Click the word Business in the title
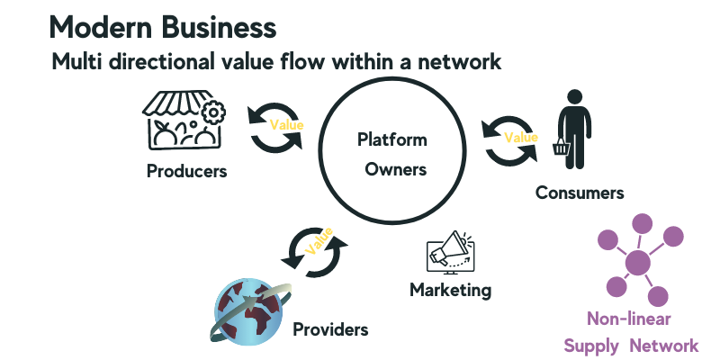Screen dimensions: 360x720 point(215,27)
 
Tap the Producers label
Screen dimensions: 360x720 point(187,171)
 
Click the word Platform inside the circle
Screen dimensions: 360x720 point(391,140)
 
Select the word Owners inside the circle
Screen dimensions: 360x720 point(393,168)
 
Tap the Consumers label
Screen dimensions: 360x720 point(580,193)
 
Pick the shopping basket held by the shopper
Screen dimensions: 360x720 point(561,146)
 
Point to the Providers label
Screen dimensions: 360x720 point(330,329)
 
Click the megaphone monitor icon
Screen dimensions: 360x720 point(450,253)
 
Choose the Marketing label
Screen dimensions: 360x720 point(450,290)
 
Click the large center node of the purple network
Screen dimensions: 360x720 point(637,264)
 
